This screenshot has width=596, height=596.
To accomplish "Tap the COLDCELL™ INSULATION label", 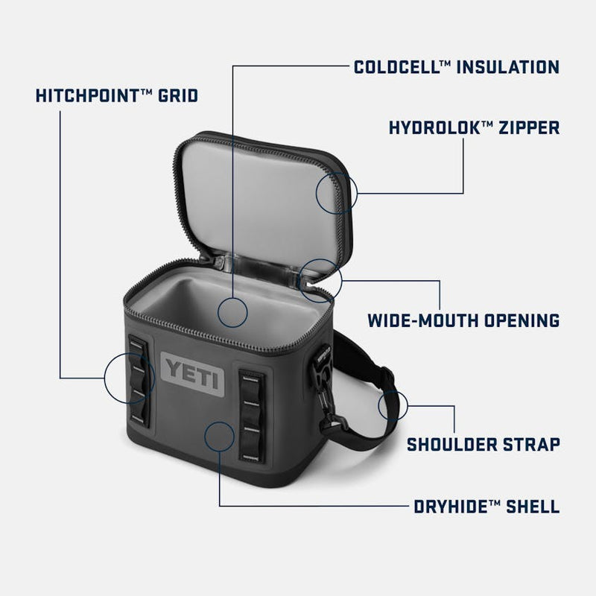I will point(456,68).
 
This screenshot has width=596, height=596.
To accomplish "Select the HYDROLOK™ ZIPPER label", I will point(474,127).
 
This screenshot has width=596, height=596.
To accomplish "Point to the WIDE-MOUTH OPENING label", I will point(463,321).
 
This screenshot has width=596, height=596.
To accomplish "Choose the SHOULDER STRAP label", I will point(483,445).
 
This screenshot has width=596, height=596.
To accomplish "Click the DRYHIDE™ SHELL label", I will point(486,507).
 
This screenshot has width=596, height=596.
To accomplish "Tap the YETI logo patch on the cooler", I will point(193,370).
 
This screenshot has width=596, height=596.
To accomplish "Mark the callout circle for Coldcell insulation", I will point(232,312).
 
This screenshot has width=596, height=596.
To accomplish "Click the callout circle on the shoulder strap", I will point(393,405).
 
